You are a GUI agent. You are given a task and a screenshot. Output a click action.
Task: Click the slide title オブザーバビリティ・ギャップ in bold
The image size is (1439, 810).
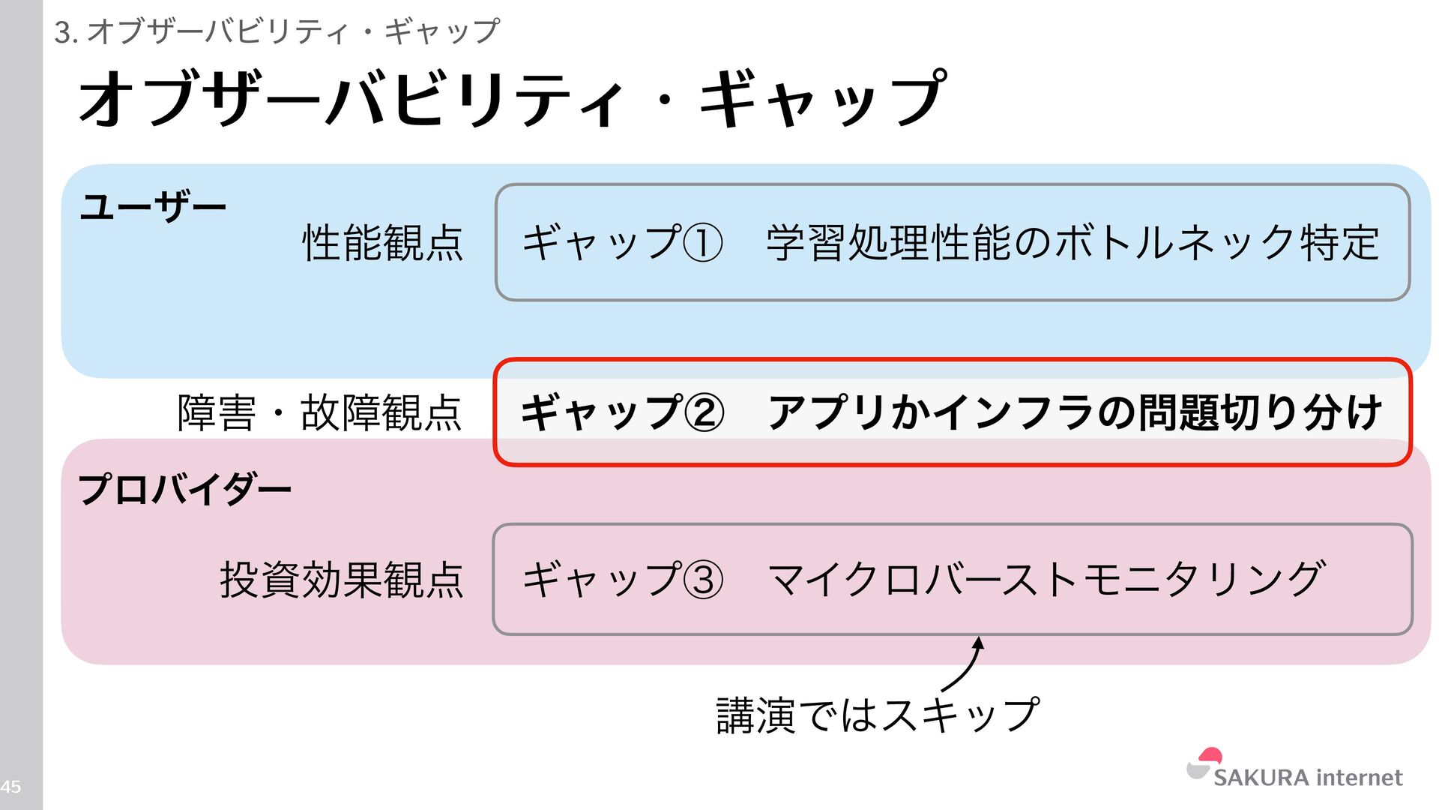click(x=513, y=99)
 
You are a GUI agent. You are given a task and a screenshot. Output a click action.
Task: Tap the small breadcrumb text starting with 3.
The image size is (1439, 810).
click(x=277, y=31)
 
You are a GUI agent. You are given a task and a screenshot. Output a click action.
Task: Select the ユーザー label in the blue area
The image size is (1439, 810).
click(x=153, y=206)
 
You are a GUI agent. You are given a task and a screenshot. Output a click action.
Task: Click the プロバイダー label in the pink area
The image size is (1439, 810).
click(x=184, y=489)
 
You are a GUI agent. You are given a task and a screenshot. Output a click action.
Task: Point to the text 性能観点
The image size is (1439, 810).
click(x=382, y=243)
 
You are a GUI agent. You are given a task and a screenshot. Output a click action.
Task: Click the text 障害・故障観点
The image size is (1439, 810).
click(x=320, y=412)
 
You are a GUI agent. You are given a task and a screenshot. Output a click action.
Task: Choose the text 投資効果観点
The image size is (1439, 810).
click(x=342, y=580)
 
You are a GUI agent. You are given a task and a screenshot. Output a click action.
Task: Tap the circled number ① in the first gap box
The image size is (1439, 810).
click(x=704, y=244)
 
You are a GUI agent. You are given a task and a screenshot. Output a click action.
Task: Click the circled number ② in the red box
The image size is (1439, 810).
click(x=704, y=413)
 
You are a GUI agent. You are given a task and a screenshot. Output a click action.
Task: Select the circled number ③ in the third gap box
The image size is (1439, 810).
click(x=704, y=580)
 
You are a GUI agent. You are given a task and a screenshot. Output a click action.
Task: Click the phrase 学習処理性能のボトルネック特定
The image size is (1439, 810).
click(x=1073, y=243)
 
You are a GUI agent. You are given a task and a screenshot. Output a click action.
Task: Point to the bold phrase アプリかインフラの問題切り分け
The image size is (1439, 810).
click(x=1075, y=412)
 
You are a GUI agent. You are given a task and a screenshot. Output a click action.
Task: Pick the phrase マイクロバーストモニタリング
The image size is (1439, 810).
click(x=1046, y=580)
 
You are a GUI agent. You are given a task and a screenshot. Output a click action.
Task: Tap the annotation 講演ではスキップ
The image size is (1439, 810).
click(x=878, y=715)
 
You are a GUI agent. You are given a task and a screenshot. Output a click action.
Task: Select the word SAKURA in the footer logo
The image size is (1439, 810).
click(x=1261, y=778)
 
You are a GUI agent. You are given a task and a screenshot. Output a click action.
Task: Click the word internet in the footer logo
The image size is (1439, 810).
click(x=1359, y=778)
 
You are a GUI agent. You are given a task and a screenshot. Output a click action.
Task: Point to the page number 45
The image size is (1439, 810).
click(x=10, y=787)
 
